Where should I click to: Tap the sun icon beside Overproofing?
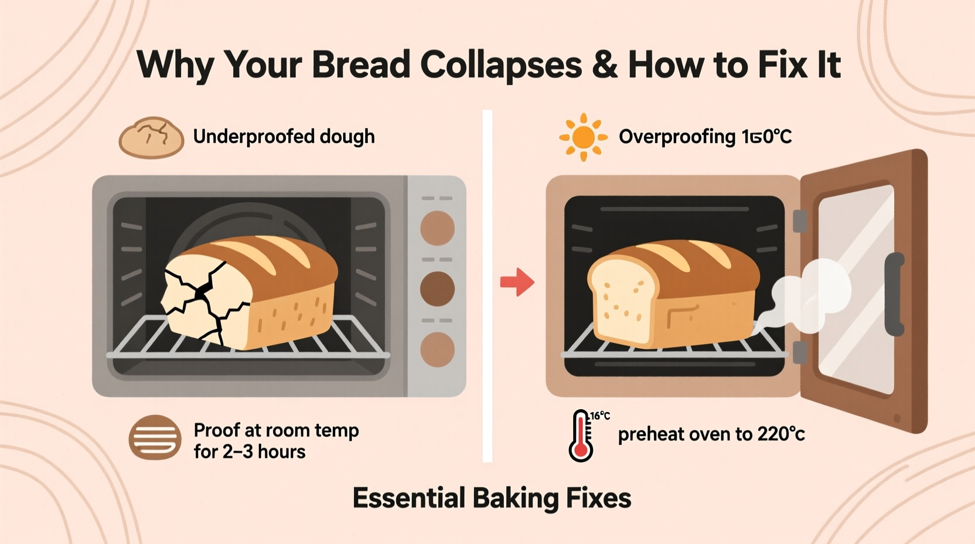point(582,137)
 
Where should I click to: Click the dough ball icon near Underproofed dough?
point(152,138)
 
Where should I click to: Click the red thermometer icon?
point(581,436)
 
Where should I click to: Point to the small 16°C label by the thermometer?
point(600,416)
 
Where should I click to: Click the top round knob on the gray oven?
point(437,228)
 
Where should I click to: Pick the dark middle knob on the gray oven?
point(437,288)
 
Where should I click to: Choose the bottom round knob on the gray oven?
point(437,349)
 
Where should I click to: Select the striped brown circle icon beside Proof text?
point(155,437)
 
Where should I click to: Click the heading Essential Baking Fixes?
point(492,498)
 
